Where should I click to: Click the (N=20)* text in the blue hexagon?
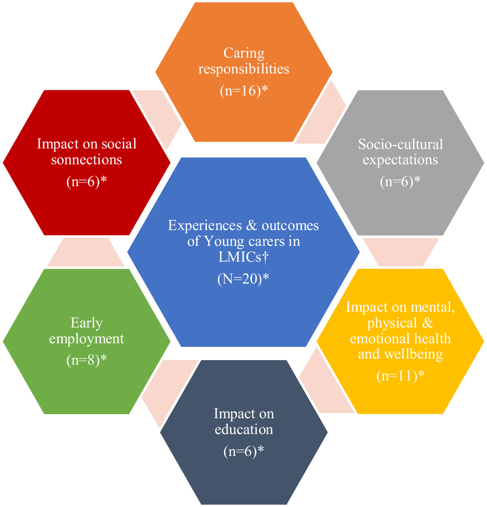click(x=243, y=279)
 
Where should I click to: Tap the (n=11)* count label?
click(x=400, y=376)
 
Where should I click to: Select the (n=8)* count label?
click(x=87, y=360)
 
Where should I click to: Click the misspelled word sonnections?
click(x=87, y=160)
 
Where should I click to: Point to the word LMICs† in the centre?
click(x=243, y=258)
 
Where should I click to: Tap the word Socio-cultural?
click(x=400, y=144)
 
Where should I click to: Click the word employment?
click(x=87, y=339)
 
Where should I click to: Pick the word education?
click(x=244, y=429)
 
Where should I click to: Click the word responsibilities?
click(x=244, y=69)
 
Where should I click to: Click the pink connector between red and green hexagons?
click(x=86, y=252)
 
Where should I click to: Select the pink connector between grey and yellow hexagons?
click(x=401, y=251)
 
